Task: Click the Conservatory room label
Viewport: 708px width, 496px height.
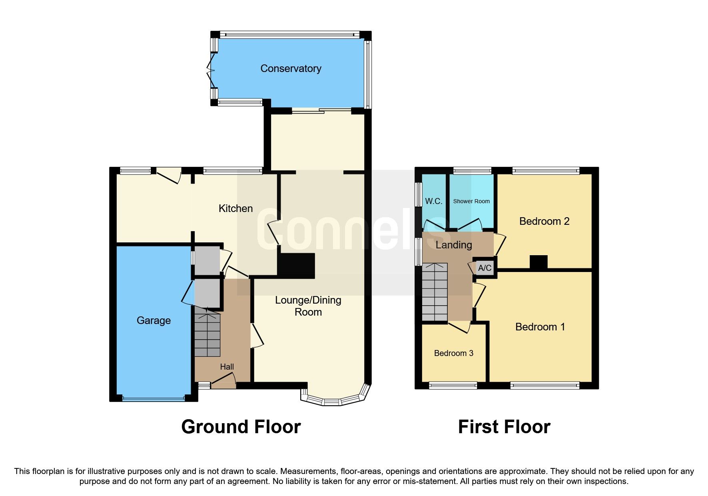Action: [291, 69]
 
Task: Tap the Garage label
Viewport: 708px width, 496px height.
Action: [154, 320]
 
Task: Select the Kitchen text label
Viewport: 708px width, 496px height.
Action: [235, 208]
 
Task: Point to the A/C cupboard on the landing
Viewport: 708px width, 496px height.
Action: [485, 268]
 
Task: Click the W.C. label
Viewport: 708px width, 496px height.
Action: [433, 201]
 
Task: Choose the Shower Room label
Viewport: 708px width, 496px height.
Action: [471, 201]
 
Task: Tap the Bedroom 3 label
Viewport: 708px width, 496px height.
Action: [453, 353]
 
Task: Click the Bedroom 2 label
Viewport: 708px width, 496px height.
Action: [544, 221]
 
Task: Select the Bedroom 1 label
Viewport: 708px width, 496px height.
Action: [540, 327]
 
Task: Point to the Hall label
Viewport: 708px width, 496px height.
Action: [227, 367]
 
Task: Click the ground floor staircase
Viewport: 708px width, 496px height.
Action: [207, 335]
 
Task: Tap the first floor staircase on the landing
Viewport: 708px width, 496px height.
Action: [435, 292]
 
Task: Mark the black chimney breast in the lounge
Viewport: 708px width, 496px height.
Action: [297, 266]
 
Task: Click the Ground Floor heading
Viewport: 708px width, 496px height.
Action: [241, 427]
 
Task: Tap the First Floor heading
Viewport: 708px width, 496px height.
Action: [504, 427]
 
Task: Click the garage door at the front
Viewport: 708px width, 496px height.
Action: [154, 398]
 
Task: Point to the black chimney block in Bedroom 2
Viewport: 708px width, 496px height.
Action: [538, 262]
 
